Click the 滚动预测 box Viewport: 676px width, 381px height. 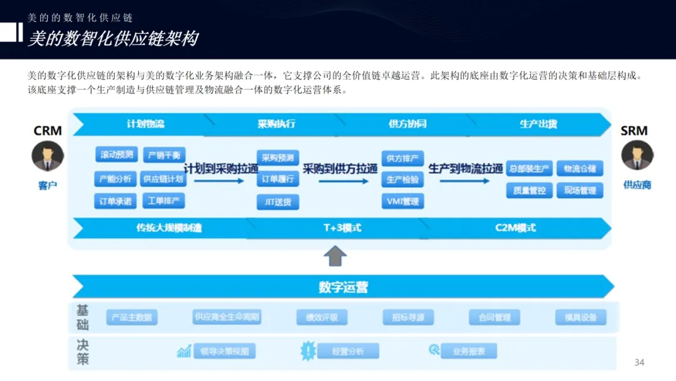pyautogui.click(x=116, y=155)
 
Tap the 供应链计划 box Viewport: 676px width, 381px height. pyautogui.click(x=162, y=179)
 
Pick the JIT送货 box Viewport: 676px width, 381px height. pyautogui.click(x=277, y=202)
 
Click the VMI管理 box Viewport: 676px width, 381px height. pyautogui.click(x=402, y=201)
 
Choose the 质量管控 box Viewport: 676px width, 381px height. pyautogui.click(x=529, y=190)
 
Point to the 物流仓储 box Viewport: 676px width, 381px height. pyautogui.click(x=580, y=169)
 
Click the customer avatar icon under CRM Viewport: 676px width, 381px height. pyautogui.click(x=48, y=156)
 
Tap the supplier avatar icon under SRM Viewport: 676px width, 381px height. pyautogui.click(x=637, y=155)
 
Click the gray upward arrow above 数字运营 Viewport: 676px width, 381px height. pyautogui.click(x=336, y=256)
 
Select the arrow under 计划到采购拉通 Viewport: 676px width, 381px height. pyautogui.click(x=218, y=181)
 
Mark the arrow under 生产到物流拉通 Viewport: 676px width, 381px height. pyautogui.click(x=464, y=181)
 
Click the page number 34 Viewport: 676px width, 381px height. pyautogui.click(x=639, y=362)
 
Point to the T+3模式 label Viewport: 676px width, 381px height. pyautogui.click(x=342, y=227)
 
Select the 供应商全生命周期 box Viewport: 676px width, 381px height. pyautogui.click(x=227, y=317)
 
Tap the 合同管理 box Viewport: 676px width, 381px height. pyautogui.click(x=494, y=318)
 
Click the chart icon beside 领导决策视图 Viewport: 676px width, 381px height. pyautogui.click(x=184, y=351)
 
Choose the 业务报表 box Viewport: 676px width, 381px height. pyautogui.click(x=469, y=351)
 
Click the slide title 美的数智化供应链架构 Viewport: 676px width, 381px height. pyautogui.click(x=113, y=39)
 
